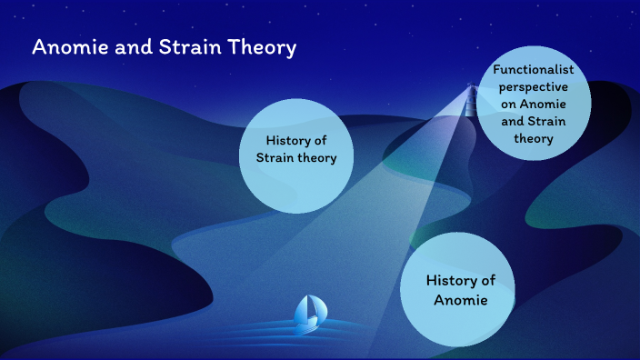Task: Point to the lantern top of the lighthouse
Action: (x=471, y=88)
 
